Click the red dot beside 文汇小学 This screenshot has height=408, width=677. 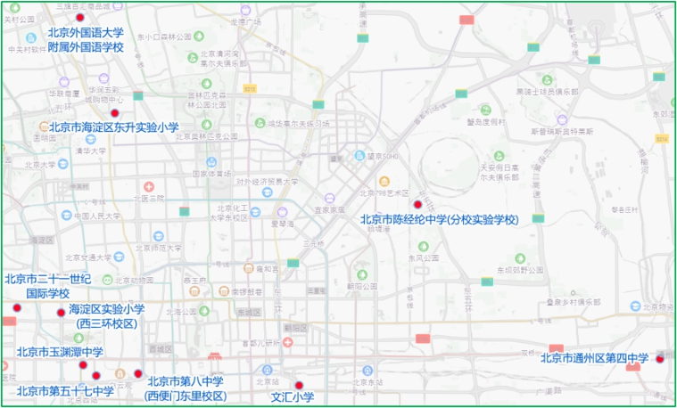[x=299, y=386]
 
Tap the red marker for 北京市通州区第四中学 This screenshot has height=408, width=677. [x=660, y=359]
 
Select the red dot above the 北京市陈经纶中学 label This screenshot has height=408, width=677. [x=417, y=205]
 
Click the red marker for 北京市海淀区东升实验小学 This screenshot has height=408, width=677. [x=114, y=113]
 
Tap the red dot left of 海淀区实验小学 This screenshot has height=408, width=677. [x=61, y=313]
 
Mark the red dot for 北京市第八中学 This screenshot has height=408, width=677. [x=138, y=373]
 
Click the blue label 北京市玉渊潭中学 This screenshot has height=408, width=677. [x=60, y=352]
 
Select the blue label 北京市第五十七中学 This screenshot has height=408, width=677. [x=65, y=391]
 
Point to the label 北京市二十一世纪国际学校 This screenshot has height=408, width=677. [x=48, y=285]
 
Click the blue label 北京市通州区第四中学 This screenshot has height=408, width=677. [x=595, y=359]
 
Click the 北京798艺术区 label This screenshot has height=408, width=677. [x=384, y=192]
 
